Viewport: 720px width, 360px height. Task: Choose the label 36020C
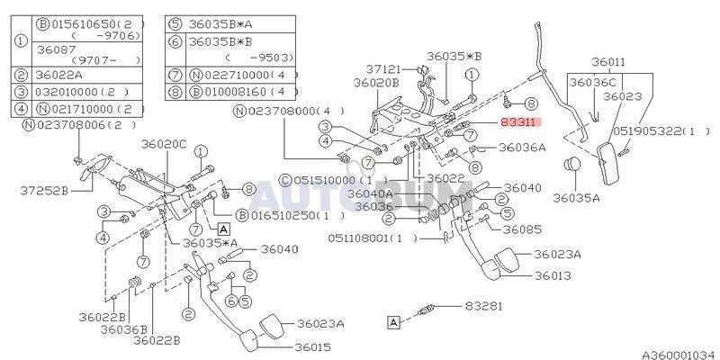tap(163, 144)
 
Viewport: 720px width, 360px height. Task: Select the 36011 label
tap(610, 62)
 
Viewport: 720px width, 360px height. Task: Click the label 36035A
tap(576, 198)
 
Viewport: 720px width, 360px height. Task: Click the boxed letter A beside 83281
tap(393, 320)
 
